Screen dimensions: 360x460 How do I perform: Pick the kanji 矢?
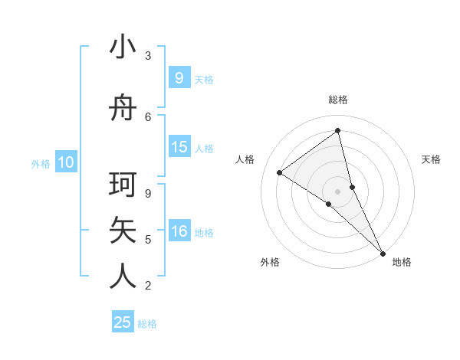[x=123, y=231]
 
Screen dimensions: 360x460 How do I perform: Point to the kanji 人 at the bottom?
[x=123, y=276]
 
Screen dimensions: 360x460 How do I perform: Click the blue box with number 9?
[x=179, y=77]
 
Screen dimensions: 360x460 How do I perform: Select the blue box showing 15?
[x=179, y=147]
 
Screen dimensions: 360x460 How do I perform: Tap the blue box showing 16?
[x=179, y=231]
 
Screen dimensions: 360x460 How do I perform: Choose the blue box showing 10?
[x=66, y=162]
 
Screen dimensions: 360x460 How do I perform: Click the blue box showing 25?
[x=123, y=322]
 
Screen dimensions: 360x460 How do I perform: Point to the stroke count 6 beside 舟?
[x=148, y=116]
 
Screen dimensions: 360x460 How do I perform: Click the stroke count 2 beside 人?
[x=148, y=286]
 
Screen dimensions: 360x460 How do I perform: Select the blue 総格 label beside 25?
[x=147, y=324]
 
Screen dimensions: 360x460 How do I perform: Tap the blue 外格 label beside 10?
[x=41, y=163]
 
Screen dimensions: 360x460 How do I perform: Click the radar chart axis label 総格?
[x=337, y=100]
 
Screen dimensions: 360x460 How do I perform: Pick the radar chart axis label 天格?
[x=431, y=159]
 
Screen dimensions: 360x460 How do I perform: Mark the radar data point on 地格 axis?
[x=383, y=252]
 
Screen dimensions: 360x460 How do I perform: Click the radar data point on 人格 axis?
[x=280, y=172]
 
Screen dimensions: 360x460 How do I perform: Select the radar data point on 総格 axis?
[x=337, y=131]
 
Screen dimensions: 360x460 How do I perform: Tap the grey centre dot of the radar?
[x=337, y=191]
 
